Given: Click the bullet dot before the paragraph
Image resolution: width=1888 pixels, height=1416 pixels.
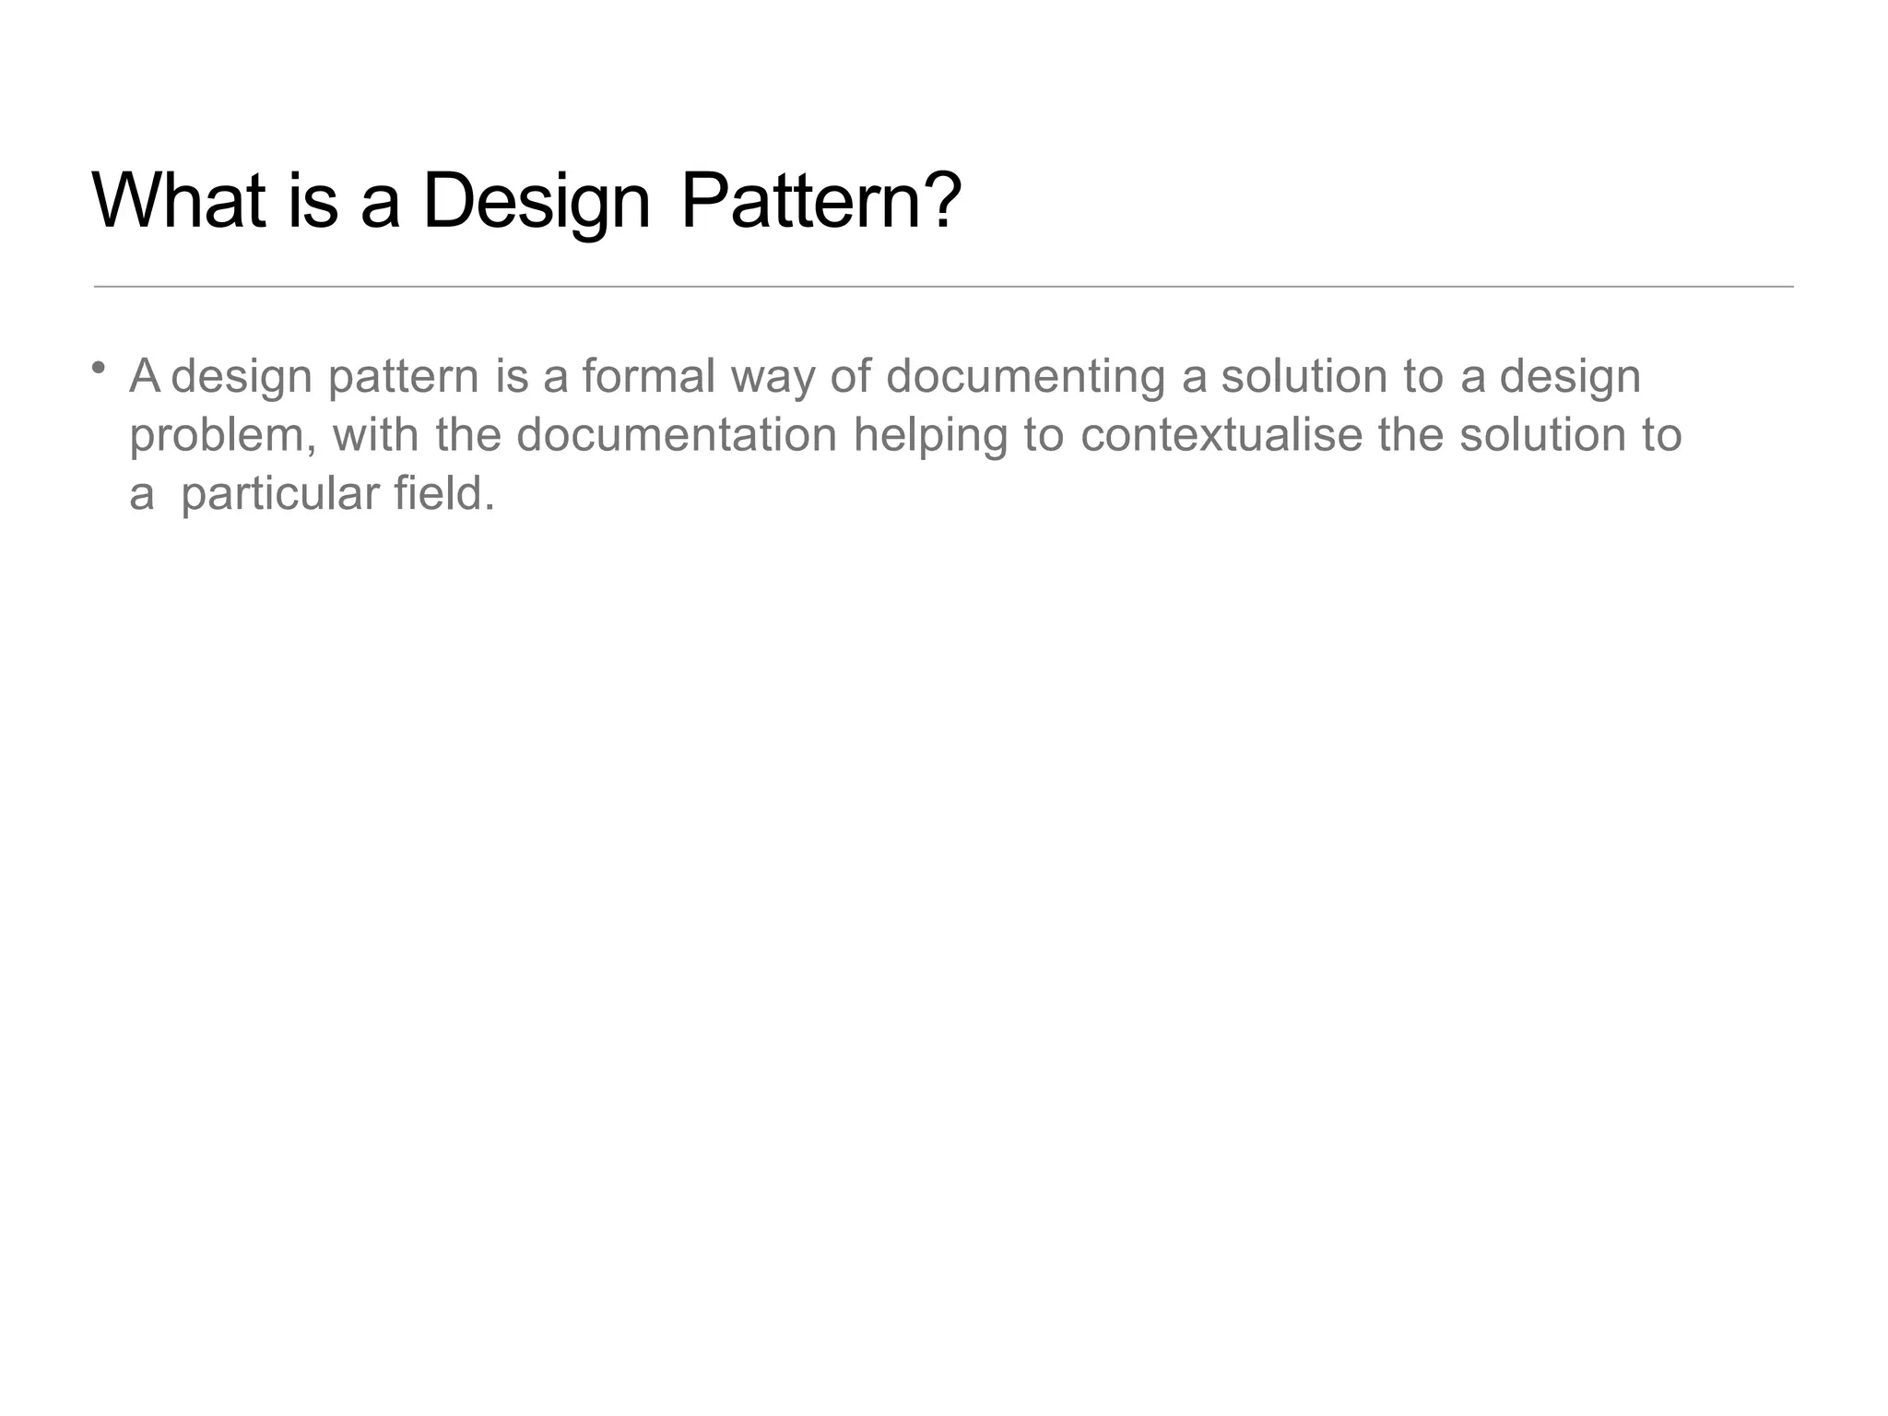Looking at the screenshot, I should click(x=98, y=368).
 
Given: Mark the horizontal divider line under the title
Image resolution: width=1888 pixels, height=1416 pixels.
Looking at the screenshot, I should click(x=943, y=287).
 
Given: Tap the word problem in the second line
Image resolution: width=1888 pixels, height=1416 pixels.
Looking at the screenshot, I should click(x=222, y=436).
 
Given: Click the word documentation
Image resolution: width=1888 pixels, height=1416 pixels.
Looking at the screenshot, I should click(x=676, y=434).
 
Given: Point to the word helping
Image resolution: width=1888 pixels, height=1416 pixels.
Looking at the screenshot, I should click(x=930, y=436).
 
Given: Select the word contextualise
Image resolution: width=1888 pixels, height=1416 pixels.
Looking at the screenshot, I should click(x=1221, y=434).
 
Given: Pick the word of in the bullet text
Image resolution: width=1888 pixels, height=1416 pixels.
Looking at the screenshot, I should click(x=849, y=376).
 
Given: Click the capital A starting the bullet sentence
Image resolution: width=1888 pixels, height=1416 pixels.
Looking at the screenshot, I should click(x=145, y=376).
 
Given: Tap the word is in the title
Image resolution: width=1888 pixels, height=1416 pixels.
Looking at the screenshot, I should click(x=313, y=200).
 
